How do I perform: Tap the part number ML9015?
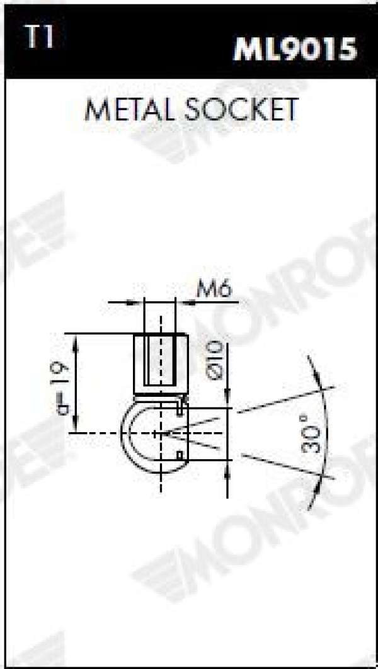tap(295, 49)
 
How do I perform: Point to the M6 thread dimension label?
tap(214, 290)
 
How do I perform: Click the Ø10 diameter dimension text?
tap(215, 360)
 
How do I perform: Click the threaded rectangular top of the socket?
tap(161, 364)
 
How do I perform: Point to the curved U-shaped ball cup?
tap(125, 433)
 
